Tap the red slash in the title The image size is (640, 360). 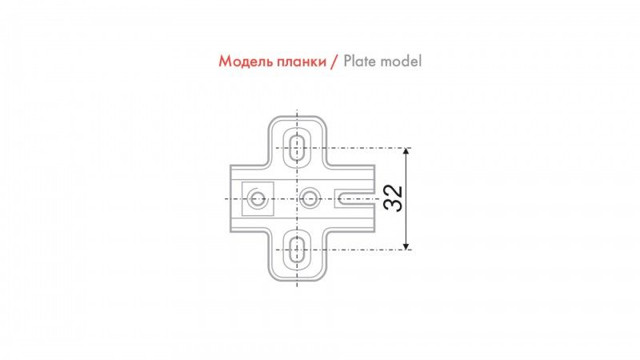[x=334, y=62]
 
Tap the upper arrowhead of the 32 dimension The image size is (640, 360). [x=407, y=152]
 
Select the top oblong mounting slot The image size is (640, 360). [x=297, y=148]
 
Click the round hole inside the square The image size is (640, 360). [x=258, y=198]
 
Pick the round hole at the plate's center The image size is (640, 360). [x=310, y=197]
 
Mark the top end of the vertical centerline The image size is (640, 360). [x=297, y=110]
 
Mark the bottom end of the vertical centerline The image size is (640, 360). [x=297, y=286]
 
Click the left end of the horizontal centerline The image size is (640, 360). [x=222, y=198]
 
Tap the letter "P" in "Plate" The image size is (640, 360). [x=348, y=62]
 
